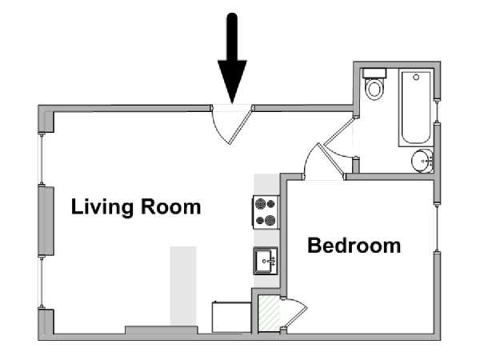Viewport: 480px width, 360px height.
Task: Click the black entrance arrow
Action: click(232, 58)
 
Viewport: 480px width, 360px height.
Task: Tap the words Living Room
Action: click(136, 207)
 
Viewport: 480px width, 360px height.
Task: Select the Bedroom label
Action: click(354, 246)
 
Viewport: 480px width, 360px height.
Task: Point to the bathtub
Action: click(416, 108)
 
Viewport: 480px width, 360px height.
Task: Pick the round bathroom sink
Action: click(422, 161)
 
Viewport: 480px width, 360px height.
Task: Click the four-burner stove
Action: click(266, 212)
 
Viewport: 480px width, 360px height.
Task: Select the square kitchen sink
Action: click(266, 261)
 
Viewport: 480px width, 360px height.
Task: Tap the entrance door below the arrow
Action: click(232, 124)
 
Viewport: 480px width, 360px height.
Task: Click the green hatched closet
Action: click(269, 313)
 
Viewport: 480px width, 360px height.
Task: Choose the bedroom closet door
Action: click(294, 313)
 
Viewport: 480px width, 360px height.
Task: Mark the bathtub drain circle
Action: click(416, 77)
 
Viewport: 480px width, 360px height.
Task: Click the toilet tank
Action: click(374, 74)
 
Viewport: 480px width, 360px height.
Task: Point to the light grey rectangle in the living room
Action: click(183, 286)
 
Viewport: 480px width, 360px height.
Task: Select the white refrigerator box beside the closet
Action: click(231, 317)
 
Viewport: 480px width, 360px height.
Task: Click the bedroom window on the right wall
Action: click(437, 228)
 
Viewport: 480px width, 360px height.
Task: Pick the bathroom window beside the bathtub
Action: click(437, 110)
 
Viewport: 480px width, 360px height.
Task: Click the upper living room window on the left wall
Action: click(41, 158)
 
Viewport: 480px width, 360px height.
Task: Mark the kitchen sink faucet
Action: click(270, 261)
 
